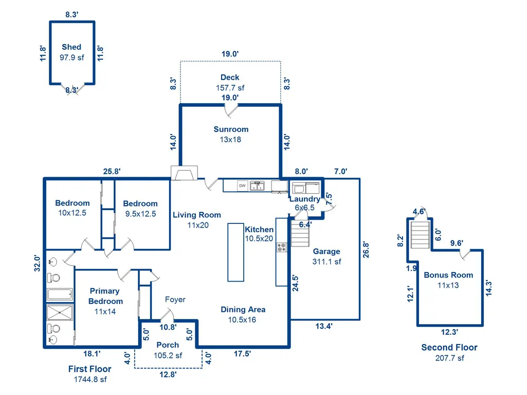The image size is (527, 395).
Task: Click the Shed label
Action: point(71,47)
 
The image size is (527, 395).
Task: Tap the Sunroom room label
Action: point(231,129)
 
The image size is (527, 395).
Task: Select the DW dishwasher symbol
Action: point(242,186)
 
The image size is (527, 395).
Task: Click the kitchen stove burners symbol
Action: point(282,248)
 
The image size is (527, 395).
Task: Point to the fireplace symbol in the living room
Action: point(184,173)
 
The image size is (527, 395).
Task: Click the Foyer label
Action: point(175,299)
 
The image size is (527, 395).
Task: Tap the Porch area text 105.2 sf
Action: point(168,355)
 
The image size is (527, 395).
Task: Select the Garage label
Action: point(326,252)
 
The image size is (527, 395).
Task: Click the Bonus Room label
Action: point(448,275)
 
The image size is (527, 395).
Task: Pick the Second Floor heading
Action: point(449,347)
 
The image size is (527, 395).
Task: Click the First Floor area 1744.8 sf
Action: point(90,379)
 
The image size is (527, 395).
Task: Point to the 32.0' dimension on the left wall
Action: point(37,264)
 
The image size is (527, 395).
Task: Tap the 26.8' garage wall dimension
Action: point(366,250)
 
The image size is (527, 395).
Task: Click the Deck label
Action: point(230,77)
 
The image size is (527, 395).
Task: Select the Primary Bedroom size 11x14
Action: point(105,312)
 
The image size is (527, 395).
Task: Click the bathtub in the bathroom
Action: point(60,294)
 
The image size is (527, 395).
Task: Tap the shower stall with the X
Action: point(60,313)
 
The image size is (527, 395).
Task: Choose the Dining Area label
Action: point(243,310)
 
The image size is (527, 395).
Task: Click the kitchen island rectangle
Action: point(235,252)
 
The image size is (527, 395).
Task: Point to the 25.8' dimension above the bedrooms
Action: point(112,171)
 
